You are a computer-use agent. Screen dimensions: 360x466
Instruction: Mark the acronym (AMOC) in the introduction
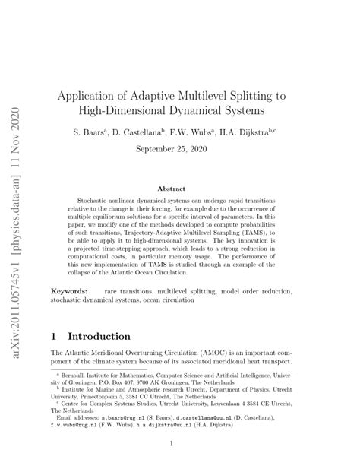coord(219,353)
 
